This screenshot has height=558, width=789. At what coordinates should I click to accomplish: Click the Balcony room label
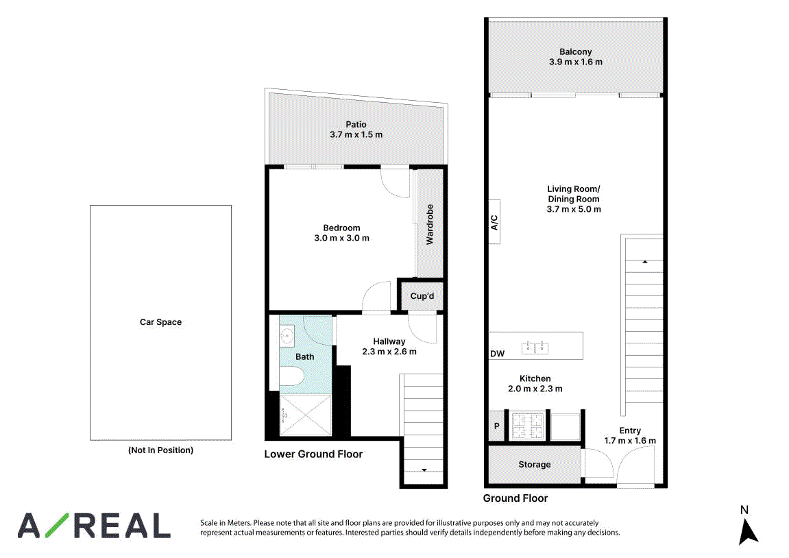tap(575, 52)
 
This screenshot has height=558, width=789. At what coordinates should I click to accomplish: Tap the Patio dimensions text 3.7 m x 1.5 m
tap(356, 135)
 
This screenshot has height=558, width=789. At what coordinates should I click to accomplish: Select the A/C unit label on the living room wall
tap(495, 222)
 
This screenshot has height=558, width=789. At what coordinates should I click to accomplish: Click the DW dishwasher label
tap(497, 354)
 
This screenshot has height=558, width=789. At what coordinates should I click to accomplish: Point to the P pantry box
tap(497, 426)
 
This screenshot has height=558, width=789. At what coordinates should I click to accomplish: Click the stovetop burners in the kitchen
tap(527, 426)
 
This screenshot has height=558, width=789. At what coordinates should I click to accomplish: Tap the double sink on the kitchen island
tap(535, 347)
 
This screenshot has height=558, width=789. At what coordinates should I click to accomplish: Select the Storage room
tap(535, 464)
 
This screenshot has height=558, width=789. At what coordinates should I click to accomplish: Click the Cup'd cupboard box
tap(422, 296)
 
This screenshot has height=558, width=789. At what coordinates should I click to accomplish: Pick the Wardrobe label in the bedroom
tap(430, 224)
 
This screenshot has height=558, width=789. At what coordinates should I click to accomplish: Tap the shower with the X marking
tap(306, 415)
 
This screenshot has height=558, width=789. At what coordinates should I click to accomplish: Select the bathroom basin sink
tap(287, 336)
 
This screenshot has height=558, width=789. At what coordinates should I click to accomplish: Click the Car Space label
tap(160, 322)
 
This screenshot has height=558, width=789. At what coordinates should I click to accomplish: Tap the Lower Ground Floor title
tap(313, 454)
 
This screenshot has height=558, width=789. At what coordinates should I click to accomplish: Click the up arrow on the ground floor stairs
tap(644, 262)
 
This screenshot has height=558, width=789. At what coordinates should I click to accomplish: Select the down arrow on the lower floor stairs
tap(424, 470)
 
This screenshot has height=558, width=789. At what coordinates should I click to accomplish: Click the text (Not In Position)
tap(160, 450)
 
